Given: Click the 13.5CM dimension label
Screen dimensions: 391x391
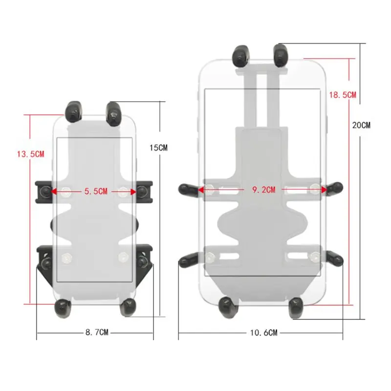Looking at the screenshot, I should coord(30,154).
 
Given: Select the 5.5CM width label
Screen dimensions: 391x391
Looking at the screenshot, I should coord(95,192).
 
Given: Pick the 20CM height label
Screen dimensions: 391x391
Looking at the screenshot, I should coord(361,125).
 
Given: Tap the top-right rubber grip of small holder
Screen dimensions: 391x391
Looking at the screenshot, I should coord(114,111).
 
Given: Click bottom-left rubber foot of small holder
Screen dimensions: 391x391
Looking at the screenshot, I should coord(62,306).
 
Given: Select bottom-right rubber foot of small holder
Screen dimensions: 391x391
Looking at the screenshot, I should coord(128,306).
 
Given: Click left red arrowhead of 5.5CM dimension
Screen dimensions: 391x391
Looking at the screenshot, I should coord(54,192).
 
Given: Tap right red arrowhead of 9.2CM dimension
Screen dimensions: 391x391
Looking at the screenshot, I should coord(324,189).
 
